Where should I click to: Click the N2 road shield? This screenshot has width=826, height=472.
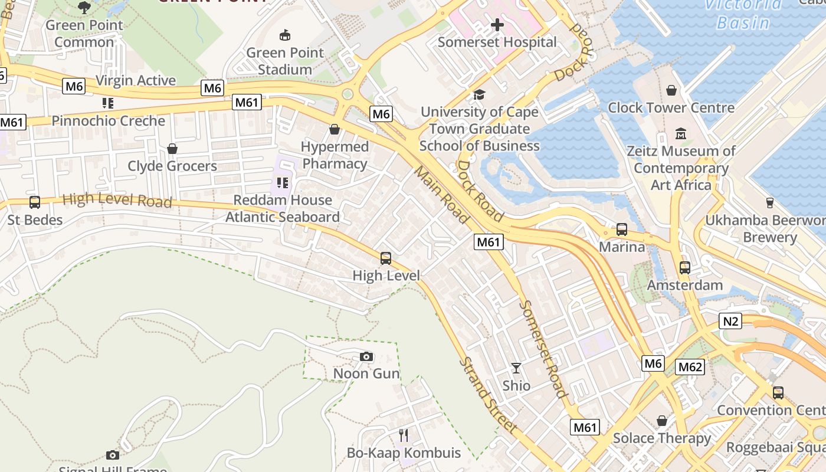[730, 321]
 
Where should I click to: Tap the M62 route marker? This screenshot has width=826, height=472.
[690, 367]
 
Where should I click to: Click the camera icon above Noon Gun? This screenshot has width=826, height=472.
[366, 356]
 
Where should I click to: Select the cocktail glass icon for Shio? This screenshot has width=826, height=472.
[516, 368]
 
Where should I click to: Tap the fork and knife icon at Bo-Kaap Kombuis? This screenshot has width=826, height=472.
[404, 435]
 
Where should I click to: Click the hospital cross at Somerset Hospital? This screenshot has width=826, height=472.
[497, 25]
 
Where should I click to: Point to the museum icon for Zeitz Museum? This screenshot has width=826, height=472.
[681, 134]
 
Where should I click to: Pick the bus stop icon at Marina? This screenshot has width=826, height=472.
[622, 229]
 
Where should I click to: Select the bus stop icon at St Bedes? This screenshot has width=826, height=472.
[35, 202]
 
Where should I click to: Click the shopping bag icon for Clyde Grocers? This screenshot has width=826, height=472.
[172, 149]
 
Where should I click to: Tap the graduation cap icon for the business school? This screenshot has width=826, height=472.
[479, 94]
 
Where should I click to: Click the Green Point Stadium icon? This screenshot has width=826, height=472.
[285, 35]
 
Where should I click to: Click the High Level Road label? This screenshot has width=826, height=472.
[117, 200]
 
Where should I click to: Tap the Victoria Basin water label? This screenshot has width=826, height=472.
[743, 14]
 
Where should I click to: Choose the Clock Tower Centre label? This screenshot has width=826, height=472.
[671, 108]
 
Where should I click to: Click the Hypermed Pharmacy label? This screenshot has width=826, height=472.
[335, 155]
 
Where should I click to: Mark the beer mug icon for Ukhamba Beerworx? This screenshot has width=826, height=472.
[769, 203]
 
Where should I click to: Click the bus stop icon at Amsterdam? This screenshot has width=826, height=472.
[684, 267]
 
